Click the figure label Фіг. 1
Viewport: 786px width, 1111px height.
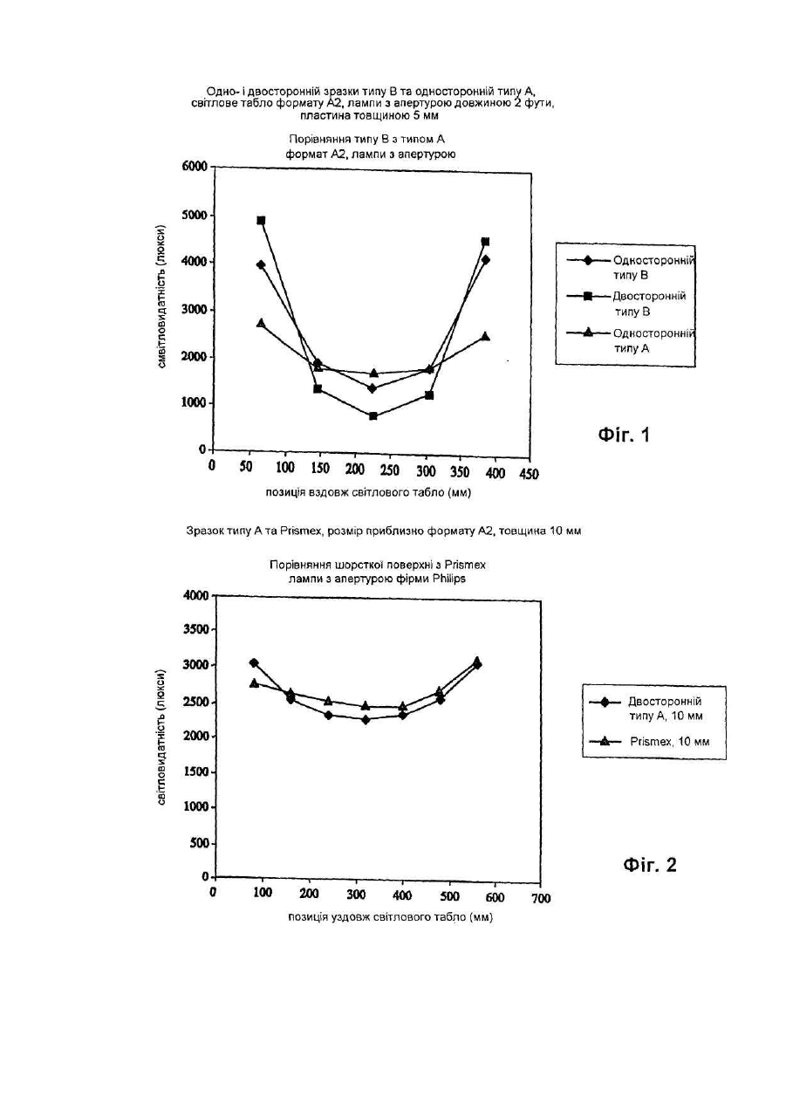(624, 435)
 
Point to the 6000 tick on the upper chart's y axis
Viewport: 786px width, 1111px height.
(195, 167)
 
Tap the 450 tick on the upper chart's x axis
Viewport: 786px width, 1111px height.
(529, 473)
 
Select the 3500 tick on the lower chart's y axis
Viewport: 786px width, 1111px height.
(196, 630)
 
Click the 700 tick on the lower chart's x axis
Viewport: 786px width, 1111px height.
(541, 898)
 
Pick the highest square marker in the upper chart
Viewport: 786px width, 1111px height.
(261, 220)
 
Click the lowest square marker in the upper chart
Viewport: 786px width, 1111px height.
(372, 415)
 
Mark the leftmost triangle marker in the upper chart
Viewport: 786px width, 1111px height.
(261, 323)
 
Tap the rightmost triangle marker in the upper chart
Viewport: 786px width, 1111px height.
(486, 336)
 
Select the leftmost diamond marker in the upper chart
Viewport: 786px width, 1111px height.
(261, 264)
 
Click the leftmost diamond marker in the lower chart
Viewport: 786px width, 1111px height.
(254, 662)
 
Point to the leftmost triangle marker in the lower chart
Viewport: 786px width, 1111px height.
(254, 683)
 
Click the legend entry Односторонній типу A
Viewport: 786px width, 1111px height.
(631, 340)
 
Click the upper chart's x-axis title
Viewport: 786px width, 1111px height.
(368, 492)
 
